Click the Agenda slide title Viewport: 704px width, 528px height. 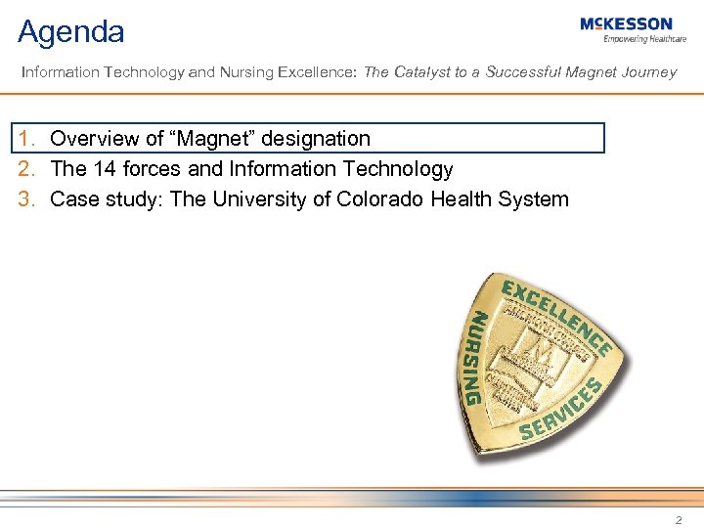71,32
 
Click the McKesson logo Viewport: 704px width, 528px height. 626,23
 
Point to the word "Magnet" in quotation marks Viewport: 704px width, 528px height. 217,139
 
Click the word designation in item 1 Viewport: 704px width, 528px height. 317,139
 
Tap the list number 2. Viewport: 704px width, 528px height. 27,169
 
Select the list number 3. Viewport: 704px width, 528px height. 27,199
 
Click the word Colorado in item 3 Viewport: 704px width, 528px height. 378,199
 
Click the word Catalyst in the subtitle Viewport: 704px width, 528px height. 422,72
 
